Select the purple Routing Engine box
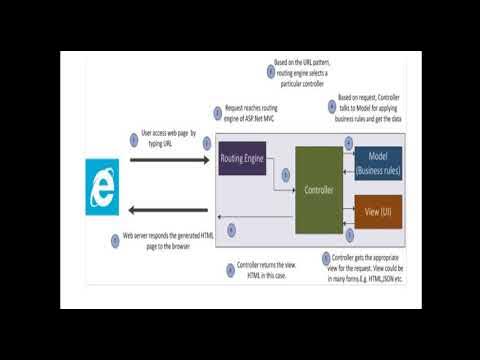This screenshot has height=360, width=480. click(x=242, y=159)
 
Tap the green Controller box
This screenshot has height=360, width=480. click(x=319, y=189)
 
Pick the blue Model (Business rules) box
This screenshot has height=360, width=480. click(x=378, y=163)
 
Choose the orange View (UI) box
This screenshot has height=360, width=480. click(x=378, y=212)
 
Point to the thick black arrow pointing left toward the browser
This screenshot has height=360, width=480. click(x=166, y=210)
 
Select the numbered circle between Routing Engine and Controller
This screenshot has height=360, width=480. click(x=285, y=174)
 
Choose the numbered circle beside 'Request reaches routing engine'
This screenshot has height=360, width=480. click(x=217, y=116)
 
